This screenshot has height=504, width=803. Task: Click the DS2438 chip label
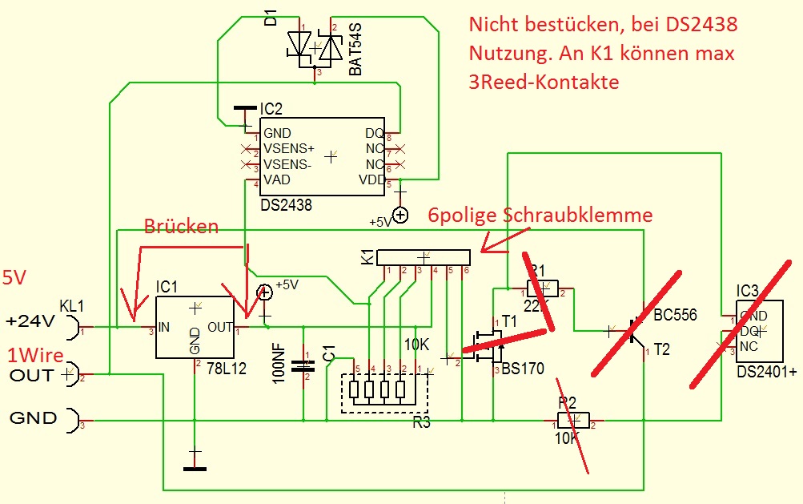(x=286, y=205)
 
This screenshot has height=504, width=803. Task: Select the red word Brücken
(x=181, y=227)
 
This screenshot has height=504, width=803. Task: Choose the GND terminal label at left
(x=32, y=417)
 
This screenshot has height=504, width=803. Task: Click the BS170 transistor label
(x=524, y=369)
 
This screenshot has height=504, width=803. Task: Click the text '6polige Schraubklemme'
(x=540, y=215)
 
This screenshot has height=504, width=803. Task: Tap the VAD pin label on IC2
(x=276, y=180)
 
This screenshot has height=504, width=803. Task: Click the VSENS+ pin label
(x=288, y=149)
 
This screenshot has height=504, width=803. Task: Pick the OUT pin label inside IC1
(x=220, y=327)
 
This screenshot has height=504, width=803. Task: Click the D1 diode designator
(x=271, y=18)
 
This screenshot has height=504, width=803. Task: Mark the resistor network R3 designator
(x=421, y=422)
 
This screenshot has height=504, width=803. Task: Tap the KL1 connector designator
(x=72, y=306)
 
